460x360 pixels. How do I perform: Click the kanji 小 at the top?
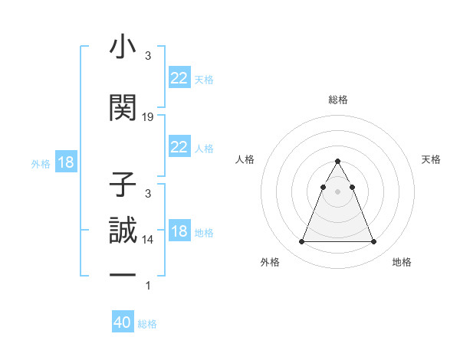[123, 47]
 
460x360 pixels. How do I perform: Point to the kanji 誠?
[123, 231]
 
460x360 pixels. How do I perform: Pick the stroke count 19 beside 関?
[148, 117]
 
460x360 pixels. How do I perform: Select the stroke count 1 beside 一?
[148, 286]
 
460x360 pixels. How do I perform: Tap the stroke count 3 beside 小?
[148, 56]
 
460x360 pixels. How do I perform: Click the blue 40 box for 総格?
[123, 322]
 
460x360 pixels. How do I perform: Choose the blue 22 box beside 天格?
[179, 78]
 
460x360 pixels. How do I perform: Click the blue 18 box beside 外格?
[65, 162]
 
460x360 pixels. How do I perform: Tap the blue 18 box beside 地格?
[179, 231]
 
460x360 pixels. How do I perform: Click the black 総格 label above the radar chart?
[337, 100]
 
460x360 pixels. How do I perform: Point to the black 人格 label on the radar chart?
[245, 159]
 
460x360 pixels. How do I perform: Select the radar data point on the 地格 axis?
[373, 242]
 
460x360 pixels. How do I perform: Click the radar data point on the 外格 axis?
[301, 242]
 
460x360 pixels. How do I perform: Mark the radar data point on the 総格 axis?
[337, 162]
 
